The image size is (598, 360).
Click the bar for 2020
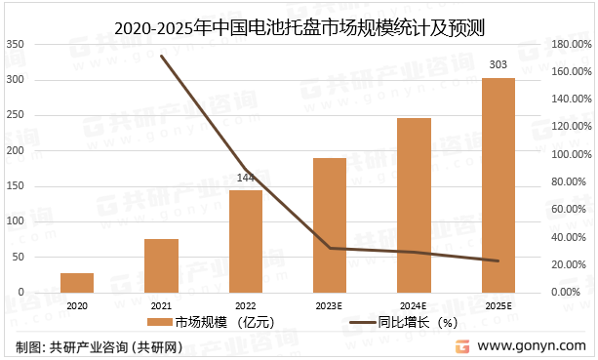pyautogui.click(x=77, y=282)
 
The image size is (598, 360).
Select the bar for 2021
pyautogui.click(x=161, y=265)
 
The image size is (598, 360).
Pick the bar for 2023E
pyautogui.click(x=330, y=224)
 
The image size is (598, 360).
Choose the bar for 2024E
pyautogui.click(x=414, y=205)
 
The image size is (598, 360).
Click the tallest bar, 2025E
pyautogui.click(x=498, y=185)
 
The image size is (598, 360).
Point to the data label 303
pyautogui.click(x=498, y=65)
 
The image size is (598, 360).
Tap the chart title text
pyautogui.click(x=299, y=22)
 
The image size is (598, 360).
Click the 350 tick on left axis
pyautogui.click(x=17, y=45)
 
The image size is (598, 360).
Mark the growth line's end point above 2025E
pyautogui.click(x=498, y=260)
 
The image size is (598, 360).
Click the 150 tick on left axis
pyautogui.click(x=17, y=151)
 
